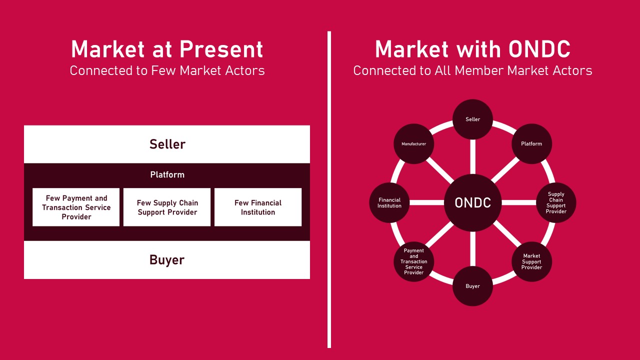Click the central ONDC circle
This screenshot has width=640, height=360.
(x=472, y=202)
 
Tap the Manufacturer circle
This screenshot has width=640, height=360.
(x=413, y=143)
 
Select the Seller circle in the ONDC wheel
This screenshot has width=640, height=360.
(x=472, y=119)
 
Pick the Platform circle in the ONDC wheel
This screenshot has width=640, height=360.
(x=531, y=143)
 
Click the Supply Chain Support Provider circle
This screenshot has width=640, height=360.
(x=555, y=202)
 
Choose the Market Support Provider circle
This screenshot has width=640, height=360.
(x=531, y=261)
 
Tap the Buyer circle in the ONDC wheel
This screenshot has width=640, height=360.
(x=472, y=286)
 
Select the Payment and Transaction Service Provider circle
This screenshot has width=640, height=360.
(x=413, y=261)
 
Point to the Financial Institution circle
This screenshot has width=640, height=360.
(x=389, y=202)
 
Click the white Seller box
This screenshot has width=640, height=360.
(x=167, y=144)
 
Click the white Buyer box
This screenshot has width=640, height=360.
(x=167, y=259)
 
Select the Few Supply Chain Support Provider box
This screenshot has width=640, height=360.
(x=167, y=207)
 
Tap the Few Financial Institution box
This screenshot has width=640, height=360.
(x=258, y=207)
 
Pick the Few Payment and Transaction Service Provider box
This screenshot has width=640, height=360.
(x=76, y=207)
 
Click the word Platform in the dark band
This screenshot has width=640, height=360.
(x=167, y=174)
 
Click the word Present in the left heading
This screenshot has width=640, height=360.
(x=221, y=49)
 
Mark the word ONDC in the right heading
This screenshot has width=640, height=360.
(x=539, y=49)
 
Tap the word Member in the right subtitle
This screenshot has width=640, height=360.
(x=479, y=70)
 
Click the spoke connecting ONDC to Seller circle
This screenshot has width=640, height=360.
(x=472, y=157)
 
